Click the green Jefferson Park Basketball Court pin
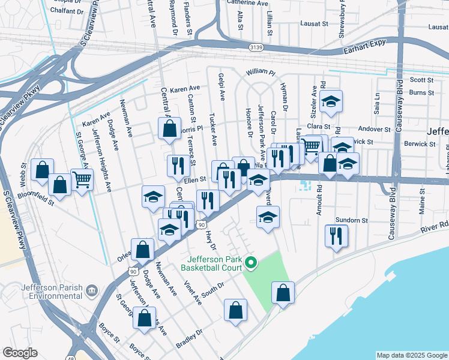(x=252, y=263)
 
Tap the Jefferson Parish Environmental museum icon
(x=92, y=292)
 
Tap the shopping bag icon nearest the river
(x=283, y=293)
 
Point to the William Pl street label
(x=259, y=72)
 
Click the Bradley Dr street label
(x=187, y=342)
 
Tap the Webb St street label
(x=25, y=174)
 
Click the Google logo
(x=20, y=352)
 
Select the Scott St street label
(x=421, y=80)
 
